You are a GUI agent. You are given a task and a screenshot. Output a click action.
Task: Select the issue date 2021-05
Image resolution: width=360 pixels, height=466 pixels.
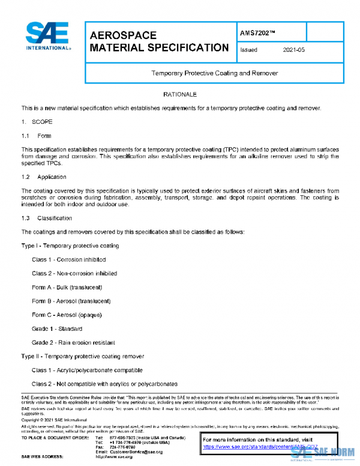click(x=293, y=50)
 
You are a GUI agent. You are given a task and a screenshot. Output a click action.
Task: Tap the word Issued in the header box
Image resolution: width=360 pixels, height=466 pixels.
click(x=248, y=50)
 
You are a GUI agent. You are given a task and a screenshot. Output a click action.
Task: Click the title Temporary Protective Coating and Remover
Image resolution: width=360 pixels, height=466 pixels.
click(x=214, y=73)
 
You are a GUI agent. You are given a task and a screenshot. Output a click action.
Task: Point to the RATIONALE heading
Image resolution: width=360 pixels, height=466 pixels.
click(x=179, y=95)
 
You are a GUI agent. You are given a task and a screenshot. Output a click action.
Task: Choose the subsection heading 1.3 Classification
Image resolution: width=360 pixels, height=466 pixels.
click(x=46, y=218)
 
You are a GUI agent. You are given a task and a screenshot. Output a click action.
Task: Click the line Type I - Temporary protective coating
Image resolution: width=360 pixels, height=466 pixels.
click(x=70, y=246)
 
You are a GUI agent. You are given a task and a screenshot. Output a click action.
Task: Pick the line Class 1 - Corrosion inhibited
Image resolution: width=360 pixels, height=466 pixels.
click(x=69, y=259)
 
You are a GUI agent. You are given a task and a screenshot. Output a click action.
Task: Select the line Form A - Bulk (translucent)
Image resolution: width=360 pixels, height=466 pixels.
click(x=67, y=287)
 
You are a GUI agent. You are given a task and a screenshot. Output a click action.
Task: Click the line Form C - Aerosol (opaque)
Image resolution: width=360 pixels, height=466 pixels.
click(x=67, y=315)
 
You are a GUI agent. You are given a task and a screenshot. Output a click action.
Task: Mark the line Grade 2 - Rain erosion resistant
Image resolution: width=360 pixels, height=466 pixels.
click(x=73, y=342)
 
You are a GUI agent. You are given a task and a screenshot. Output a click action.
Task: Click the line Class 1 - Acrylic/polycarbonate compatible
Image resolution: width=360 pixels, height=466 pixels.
click(x=87, y=370)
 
